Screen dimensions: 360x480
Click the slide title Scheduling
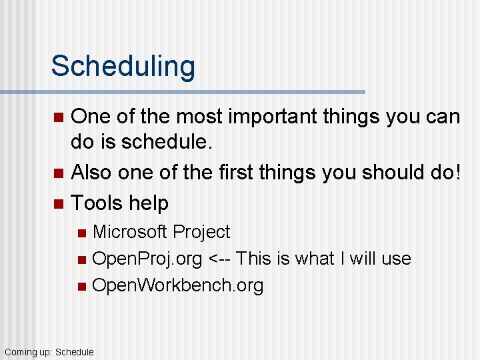[123, 66]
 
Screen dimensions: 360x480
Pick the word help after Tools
[149, 203]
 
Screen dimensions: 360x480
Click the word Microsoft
[129, 232]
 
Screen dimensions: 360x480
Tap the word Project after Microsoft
[201, 232]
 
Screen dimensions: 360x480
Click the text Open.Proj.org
[147, 259]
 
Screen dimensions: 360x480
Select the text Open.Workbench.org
[177, 285]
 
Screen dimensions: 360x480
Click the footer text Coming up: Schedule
[49, 351]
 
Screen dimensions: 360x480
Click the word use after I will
[397, 259]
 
